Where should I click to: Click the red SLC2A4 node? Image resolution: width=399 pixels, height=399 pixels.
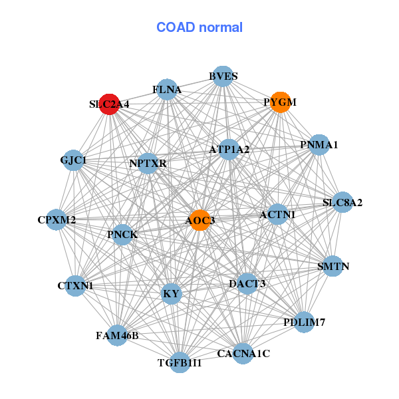point(109,104)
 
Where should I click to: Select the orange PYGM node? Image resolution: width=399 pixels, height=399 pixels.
point(281,102)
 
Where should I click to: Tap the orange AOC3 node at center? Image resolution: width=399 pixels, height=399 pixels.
point(200,220)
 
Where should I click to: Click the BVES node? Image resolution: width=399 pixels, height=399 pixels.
point(223,76)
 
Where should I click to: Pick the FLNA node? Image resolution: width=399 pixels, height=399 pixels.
point(167,89)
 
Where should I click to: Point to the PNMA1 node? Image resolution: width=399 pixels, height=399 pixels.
point(319,144)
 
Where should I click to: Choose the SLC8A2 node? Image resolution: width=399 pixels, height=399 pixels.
point(342,202)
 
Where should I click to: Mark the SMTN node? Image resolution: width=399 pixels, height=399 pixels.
point(332,267)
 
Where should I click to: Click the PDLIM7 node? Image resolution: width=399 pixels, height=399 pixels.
point(304,323)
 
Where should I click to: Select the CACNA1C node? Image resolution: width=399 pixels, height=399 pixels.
point(244,353)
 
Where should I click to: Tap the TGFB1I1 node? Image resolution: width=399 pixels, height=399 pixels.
point(180,362)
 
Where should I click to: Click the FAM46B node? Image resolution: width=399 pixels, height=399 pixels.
point(117,335)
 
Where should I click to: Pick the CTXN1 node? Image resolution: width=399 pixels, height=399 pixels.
point(76,286)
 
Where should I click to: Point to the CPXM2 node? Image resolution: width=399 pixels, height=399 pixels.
point(57,219)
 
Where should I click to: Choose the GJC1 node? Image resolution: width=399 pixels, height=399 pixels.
point(73,160)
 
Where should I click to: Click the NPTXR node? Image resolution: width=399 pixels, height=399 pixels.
point(148,163)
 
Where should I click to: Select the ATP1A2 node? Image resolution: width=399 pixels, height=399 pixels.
point(229,150)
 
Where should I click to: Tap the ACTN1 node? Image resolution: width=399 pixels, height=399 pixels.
point(278,214)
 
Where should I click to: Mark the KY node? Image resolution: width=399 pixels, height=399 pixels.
point(172,293)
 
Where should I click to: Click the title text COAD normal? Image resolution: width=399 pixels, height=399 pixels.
point(199,27)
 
